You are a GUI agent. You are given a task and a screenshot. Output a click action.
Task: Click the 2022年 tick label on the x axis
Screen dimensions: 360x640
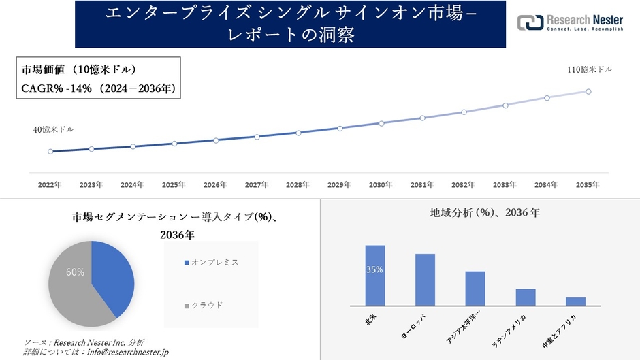click(50, 184)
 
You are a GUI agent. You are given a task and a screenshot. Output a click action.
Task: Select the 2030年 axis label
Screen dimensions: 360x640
click(381, 184)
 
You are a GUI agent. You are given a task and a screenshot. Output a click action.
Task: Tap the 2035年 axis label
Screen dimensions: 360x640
click(588, 184)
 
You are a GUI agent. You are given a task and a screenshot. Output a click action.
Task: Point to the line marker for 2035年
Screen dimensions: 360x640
click(588, 91)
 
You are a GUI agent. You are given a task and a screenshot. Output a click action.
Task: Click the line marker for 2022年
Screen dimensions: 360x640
click(50, 152)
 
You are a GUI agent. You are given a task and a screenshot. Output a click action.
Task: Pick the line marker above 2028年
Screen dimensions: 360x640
click(298, 133)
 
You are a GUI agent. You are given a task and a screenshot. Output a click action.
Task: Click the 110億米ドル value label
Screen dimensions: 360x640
click(590, 69)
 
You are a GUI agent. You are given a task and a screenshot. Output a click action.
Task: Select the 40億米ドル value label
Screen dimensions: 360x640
click(53, 129)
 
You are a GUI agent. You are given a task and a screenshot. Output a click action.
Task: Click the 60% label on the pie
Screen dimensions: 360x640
click(75, 272)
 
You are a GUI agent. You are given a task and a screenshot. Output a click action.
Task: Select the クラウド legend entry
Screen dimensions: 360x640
click(206, 305)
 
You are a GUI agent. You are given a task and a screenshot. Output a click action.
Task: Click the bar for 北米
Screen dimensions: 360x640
click(375, 276)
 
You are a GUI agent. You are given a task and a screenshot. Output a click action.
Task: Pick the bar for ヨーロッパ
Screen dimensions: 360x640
click(425, 280)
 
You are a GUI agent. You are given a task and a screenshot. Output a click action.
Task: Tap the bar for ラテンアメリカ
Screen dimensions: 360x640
click(526, 297)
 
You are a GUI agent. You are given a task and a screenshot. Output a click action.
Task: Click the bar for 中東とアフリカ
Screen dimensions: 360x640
click(575, 301)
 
